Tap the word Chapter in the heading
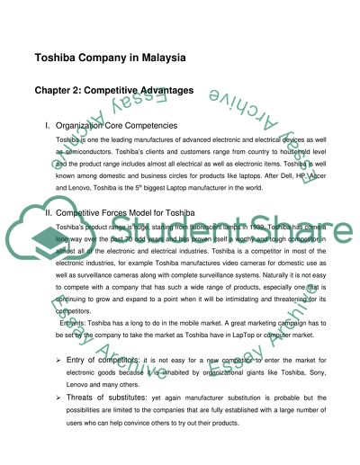(x=58, y=90)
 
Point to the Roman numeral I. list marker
(x=47, y=127)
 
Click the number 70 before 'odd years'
(x=138, y=244)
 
